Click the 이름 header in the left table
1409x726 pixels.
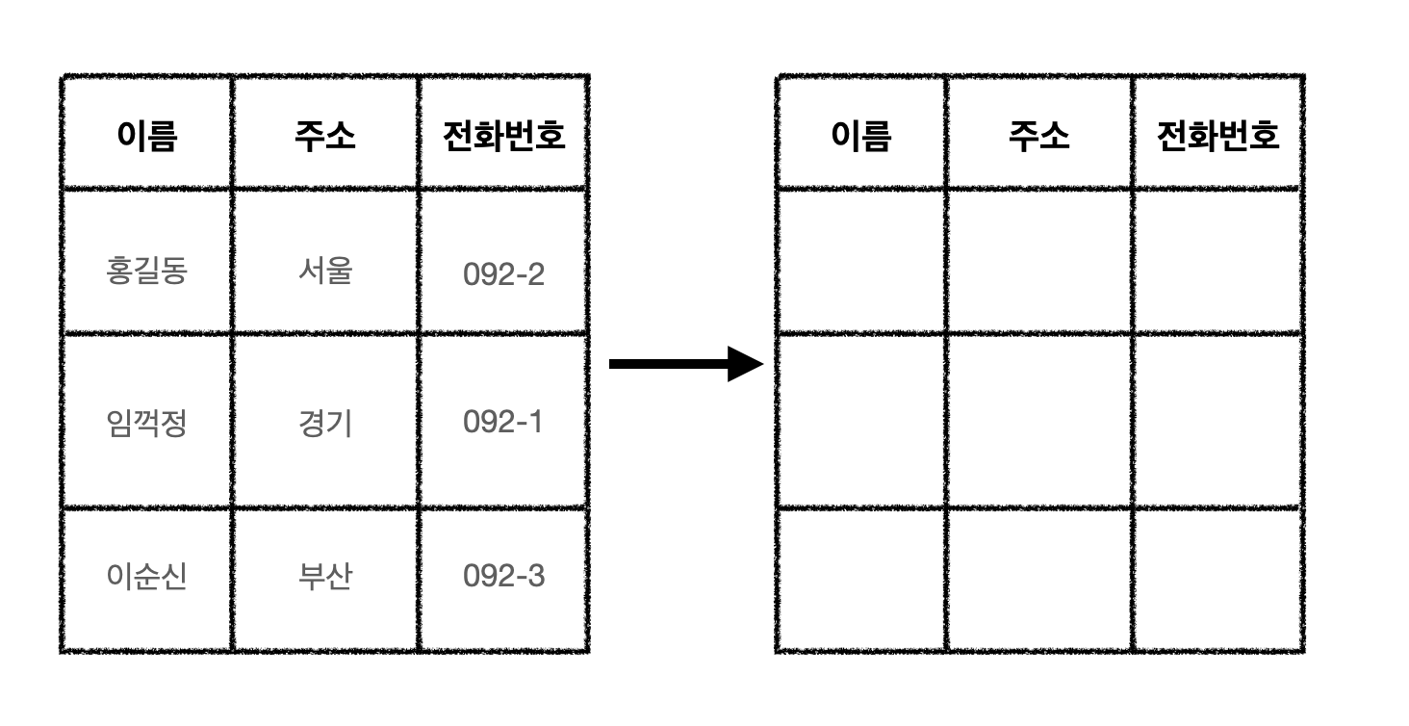click(146, 136)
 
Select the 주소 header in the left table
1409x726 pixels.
click(325, 136)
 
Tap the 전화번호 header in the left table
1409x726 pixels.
click(503, 136)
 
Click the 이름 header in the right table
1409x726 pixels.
click(860, 136)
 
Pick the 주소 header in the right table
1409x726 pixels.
click(1039, 136)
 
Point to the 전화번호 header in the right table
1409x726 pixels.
click(1217, 136)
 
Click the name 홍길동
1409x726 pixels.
click(146, 271)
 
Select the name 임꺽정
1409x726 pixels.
click(146, 423)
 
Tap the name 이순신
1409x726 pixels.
click(146, 577)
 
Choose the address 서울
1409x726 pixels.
click(325, 271)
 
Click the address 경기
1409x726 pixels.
click(325, 423)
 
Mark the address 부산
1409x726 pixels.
click(325, 577)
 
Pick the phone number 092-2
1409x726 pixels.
click(503, 274)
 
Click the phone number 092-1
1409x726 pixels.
click(503, 423)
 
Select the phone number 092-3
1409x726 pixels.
click(503, 577)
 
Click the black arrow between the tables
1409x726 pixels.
click(685, 364)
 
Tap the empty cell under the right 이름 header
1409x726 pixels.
click(860, 261)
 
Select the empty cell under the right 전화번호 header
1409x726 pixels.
click(1217, 261)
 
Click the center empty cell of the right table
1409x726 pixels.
click(1039, 421)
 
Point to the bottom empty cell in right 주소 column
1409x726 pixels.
click(1039, 580)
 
